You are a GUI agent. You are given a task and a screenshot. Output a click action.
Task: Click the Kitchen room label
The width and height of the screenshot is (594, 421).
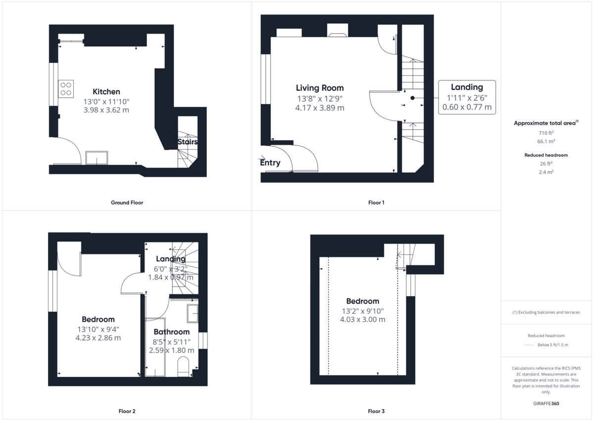pyautogui.click(x=106, y=92)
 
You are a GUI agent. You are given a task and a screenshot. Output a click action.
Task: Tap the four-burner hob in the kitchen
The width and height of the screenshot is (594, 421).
pyautogui.click(x=66, y=89)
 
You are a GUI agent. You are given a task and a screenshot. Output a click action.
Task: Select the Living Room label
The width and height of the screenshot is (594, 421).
pyautogui.click(x=320, y=88)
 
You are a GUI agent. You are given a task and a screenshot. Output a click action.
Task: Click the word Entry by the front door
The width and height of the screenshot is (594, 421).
pyautogui.click(x=270, y=163)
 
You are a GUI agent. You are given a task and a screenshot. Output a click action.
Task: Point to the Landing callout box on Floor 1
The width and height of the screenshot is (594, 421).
pyautogui.click(x=467, y=97)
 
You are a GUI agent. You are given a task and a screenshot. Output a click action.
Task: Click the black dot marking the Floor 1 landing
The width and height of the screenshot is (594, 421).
pyautogui.click(x=412, y=98)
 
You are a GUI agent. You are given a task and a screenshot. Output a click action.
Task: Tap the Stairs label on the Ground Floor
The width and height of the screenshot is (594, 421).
pyautogui.click(x=188, y=142)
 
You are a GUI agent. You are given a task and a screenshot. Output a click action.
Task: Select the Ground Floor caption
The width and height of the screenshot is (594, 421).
pyautogui.click(x=127, y=202)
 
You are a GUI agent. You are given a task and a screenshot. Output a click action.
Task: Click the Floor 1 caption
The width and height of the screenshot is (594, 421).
pyautogui.click(x=376, y=202)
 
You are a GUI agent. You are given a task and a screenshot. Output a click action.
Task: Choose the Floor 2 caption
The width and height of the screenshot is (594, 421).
pyautogui.click(x=127, y=411)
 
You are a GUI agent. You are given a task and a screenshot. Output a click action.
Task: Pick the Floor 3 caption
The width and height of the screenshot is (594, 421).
pyautogui.click(x=376, y=411)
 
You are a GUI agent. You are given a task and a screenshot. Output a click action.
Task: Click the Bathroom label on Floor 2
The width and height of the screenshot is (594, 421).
pyautogui.click(x=171, y=332)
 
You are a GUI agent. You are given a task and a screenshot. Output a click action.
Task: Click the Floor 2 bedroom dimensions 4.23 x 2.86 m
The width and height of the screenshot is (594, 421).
pyautogui.click(x=98, y=338)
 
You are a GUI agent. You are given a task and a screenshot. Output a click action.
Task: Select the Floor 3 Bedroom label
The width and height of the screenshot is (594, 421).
pyautogui.click(x=362, y=301)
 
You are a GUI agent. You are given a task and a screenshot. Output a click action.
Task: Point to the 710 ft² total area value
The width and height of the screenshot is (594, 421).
pyautogui.click(x=546, y=133)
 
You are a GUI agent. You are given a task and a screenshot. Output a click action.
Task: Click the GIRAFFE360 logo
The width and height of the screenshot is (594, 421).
pyautogui.click(x=546, y=404)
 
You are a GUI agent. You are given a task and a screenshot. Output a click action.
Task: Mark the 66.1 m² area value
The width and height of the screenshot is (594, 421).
pyautogui.click(x=546, y=141)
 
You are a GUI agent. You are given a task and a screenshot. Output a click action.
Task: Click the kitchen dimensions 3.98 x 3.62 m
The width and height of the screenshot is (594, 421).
pyautogui.click(x=106, y=110)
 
